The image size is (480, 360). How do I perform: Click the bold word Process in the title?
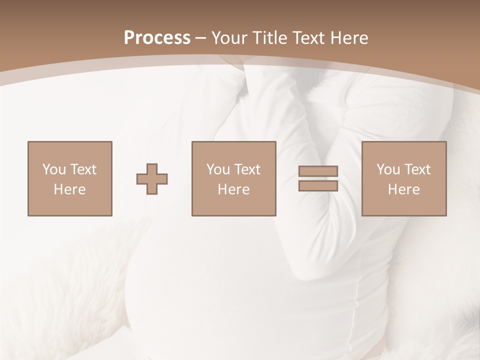[157, 37]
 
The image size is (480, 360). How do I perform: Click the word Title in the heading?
[270, 37]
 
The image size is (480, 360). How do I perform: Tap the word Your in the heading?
[230, 37]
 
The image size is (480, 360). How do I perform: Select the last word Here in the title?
[350, 37]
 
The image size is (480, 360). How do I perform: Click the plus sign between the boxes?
[152, 179]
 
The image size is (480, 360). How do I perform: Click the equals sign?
[318, 178]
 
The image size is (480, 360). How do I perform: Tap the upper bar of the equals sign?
[318, 171]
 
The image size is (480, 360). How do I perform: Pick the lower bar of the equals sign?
[318, 185]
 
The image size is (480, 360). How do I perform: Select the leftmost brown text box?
[69, 178]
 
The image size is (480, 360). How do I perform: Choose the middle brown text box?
[233, 178]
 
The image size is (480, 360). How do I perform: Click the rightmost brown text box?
[403, 178]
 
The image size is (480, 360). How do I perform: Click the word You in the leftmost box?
[54, 169]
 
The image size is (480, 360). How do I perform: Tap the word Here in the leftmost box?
[69, 189]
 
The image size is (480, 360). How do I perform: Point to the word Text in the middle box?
[247, 169]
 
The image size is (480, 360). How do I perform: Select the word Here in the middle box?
[233, 189]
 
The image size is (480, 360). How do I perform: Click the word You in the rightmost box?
[388, 169]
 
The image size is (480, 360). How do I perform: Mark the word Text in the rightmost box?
[417, 169]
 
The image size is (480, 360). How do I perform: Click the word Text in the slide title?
[310, 37]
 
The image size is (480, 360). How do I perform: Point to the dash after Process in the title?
[200, 38]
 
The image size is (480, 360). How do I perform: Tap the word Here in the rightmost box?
[403, 189]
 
